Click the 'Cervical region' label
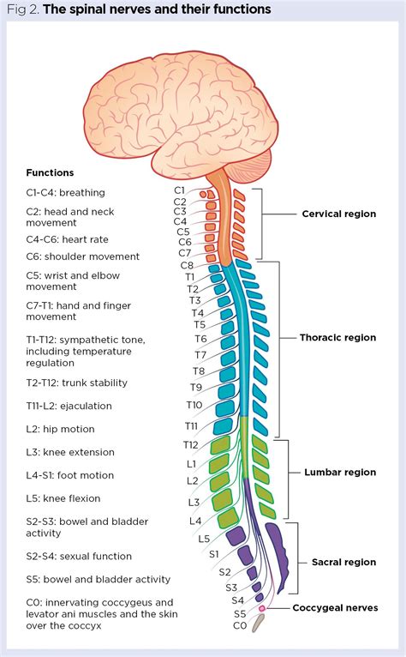tap(338, 214)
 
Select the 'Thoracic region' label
tap(337, 337)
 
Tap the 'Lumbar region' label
tap(340, 472)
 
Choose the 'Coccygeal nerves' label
tap(334, 608)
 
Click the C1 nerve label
tap(180, 190)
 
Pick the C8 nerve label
tap(188, 265)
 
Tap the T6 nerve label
tap(200, 340)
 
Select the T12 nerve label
tap(190, 444)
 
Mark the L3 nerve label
tap(194, 502)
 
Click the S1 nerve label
tap(214, 555)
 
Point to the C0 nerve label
tap(240, 627)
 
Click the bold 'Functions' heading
tap(50, 172)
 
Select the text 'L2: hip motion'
tap(60, 429)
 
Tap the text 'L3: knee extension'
tap(69, 452)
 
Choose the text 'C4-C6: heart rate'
tap(68, 239)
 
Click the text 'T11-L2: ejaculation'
tap(69, 406)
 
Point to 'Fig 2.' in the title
tap(20, 9)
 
